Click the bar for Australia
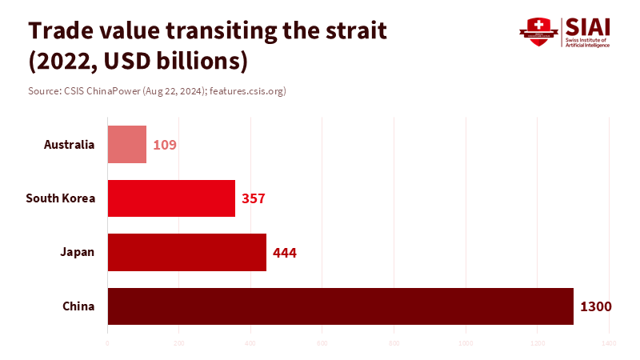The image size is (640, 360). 127,145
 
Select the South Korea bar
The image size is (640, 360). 171,198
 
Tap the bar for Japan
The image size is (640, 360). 187,252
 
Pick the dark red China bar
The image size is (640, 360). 341,306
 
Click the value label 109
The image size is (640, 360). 165,146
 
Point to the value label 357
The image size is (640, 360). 253,199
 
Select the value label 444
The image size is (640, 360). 285,253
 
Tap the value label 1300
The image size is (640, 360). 596,306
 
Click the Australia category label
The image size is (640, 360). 69,145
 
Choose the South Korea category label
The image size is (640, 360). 61,198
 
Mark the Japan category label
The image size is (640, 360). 78,252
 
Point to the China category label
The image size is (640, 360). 78,306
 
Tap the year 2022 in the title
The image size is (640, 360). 63,61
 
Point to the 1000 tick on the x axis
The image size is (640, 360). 466,343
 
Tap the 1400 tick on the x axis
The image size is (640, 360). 609,343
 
